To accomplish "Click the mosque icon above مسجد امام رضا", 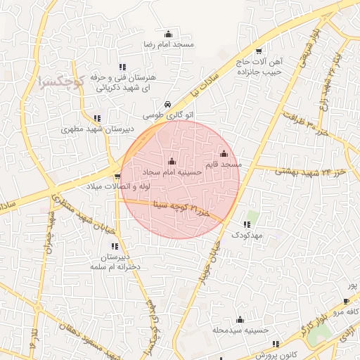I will (x=167, y=34).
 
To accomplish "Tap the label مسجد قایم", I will (x=221, y=164).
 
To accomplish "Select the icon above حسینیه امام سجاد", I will (x=172, y=162).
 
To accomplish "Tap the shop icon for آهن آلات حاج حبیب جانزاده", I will (x=259, y=51).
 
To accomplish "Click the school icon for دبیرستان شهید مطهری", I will (x=96, y=118).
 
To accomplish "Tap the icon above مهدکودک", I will (x=246, y=224).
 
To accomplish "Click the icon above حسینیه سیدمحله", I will (x=240, y=319).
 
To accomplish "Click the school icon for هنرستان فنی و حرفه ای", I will (x=122, y=67).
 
